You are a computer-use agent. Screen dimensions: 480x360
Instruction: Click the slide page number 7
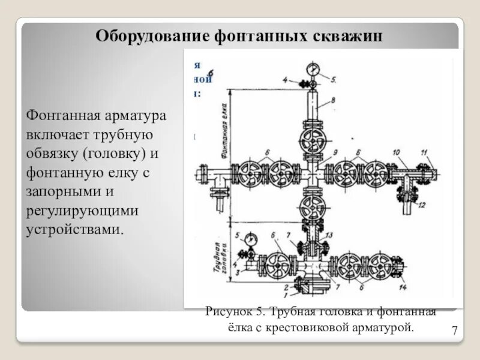click(454, 331)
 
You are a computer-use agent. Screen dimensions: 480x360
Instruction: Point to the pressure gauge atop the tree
click(312, 69)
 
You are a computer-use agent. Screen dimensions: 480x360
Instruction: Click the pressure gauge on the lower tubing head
click(250, 238)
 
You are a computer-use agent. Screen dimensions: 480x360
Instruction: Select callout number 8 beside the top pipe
click(333, 100)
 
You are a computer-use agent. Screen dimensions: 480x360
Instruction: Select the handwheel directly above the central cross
click(311, 142)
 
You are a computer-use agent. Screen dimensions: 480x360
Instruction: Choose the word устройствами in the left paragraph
click(74, 230)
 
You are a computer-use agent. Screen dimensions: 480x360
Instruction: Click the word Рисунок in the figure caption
click(226, 311)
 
